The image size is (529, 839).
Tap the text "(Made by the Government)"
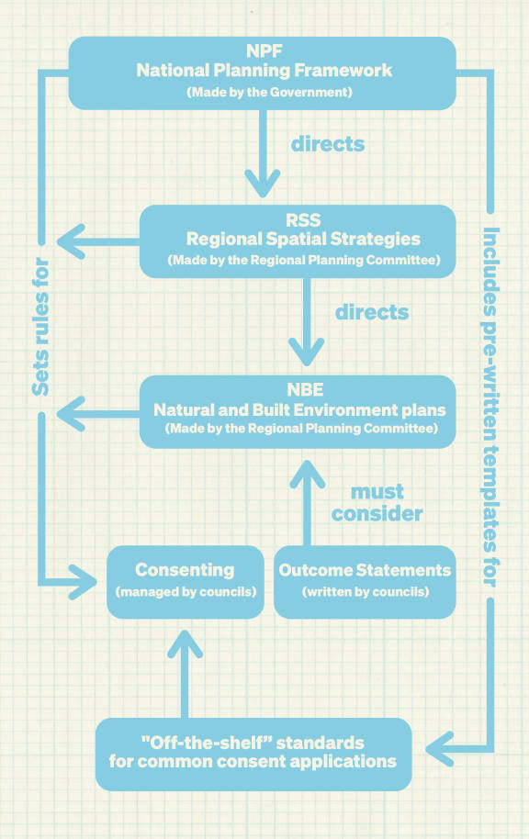(x=264, y=93)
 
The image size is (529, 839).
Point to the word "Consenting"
(x=185, y=570)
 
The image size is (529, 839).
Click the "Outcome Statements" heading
(x=365, y=570)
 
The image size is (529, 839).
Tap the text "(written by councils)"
(x=365, y=592)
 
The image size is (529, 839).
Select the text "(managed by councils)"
(x=185, y=592)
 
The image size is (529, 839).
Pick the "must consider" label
(x=377, y=502)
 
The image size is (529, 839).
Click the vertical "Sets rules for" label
(x=40, y=330)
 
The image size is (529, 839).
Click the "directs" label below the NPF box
(x=328, y=144)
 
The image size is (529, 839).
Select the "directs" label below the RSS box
(x=371, y=312)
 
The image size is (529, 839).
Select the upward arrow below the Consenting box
(x=188, y=675)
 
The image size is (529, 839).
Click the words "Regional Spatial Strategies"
(x=303, y=239)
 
